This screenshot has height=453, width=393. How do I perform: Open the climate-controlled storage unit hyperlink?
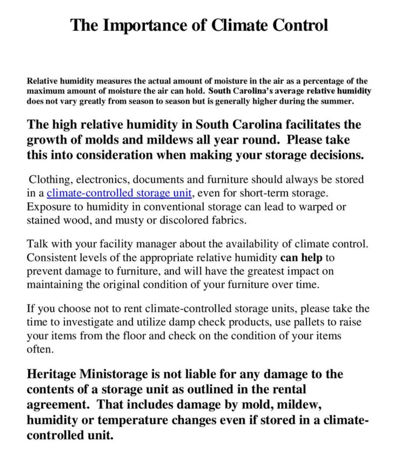point(119,193)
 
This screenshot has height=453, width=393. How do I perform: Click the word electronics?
point(102,179)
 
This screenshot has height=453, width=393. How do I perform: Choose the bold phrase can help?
point(298,257)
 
